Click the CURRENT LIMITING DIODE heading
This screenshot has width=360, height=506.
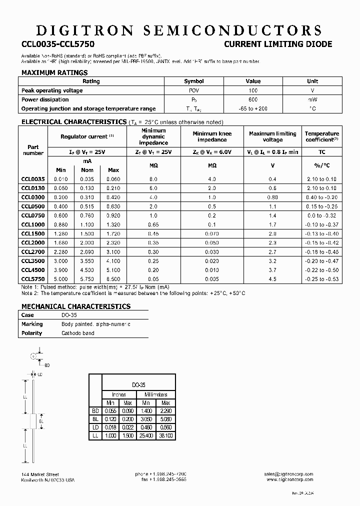(277, 44)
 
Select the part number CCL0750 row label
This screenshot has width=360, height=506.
(33, 215)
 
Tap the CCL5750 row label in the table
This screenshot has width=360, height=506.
(33, 279)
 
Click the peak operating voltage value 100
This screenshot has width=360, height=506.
(253, 90)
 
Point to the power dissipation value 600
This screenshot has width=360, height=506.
(253, 99)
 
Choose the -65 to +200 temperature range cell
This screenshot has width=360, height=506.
(253, 108)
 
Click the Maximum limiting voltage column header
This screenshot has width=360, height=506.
(272, 136)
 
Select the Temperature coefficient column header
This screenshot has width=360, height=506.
(322, 136)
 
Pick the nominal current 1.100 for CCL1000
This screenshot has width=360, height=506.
(87, 224)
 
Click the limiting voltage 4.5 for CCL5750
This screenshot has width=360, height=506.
(272, 279)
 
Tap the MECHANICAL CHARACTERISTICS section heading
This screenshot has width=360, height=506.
(76, 306)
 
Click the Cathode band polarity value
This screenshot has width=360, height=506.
(78, 333)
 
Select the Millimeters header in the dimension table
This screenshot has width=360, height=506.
(155, 394)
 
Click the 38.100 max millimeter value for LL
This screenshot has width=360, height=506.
(165, 436)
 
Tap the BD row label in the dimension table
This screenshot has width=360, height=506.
(95, 411)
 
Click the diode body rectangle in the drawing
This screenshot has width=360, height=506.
(33, 421)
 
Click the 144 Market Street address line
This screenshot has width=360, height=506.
(40, 474)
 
